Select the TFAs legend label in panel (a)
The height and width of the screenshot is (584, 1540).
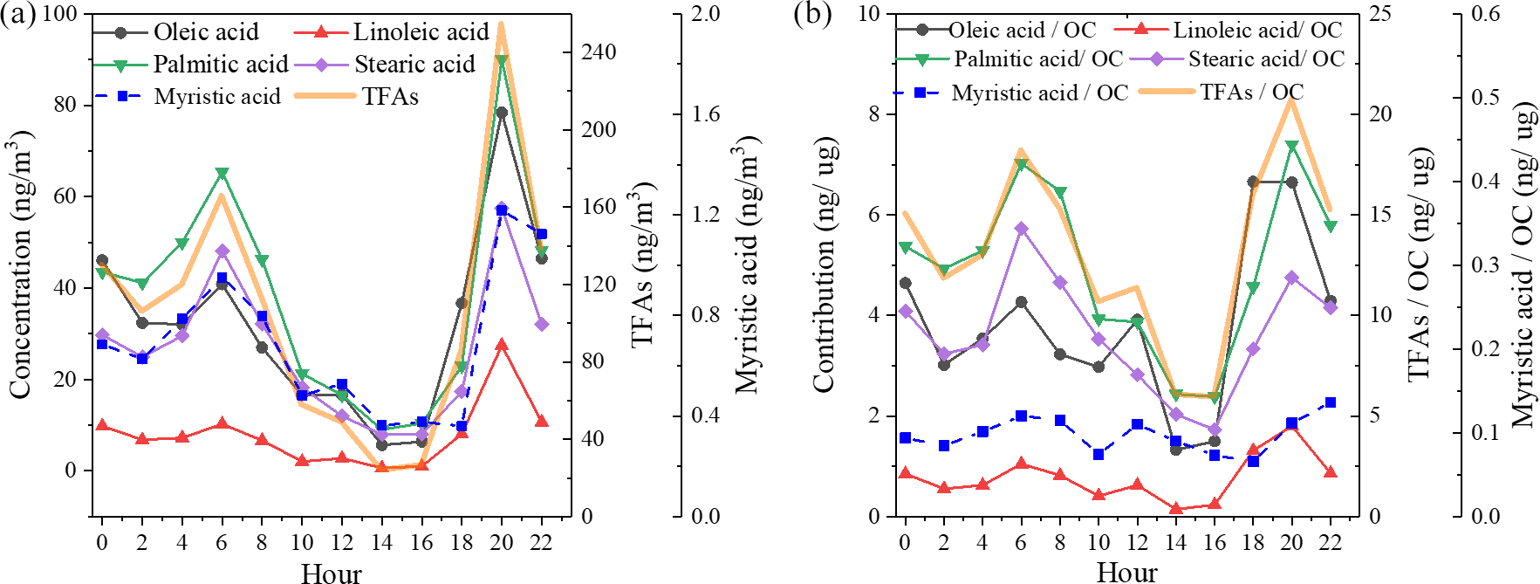tap(390, 96)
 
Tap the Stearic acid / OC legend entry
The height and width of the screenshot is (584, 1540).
tap(1266, 59)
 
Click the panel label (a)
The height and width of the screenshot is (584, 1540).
tap(17, 15)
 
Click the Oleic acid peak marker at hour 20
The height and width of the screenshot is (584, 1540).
tap(502, 113)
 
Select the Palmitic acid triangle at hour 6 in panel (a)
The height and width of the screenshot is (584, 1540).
tap(222, 173)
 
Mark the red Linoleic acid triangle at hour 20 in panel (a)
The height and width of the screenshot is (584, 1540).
tap(502, 345)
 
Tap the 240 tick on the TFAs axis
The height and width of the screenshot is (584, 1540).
tap(599, 52)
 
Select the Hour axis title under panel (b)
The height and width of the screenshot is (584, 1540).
tap(1126, 573)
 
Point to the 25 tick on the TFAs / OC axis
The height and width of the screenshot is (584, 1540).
tap(1379, 14)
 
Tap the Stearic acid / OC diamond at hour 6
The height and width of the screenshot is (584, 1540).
tap(1022, 229)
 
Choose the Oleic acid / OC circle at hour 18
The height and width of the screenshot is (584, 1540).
tap(1253, 182)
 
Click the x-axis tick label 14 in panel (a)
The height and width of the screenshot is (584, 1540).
tap(381, 543)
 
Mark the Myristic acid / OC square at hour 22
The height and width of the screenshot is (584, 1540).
tap(1331, 402)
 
